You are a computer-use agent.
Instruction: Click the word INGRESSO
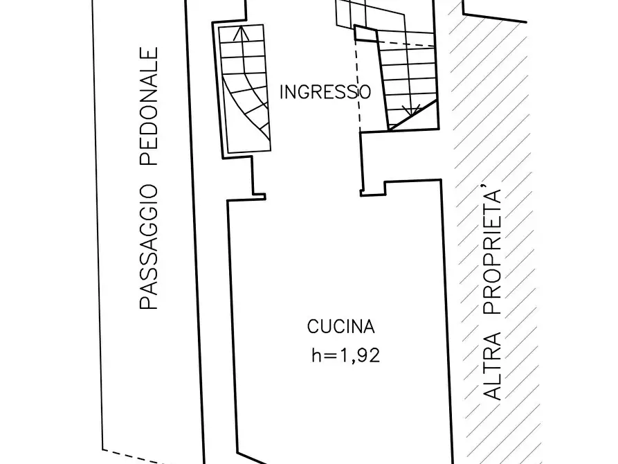click(325, 92)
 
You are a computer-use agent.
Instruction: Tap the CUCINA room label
click(341, 326)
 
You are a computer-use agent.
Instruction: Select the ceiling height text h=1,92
click(345, 356)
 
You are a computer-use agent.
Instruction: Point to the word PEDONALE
click(149, 107)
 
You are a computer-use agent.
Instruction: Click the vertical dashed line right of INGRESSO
click(358, 83)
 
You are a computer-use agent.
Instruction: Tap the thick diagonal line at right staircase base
click(413, 114)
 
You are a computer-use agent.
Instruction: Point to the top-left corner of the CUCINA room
click(229, 202)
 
